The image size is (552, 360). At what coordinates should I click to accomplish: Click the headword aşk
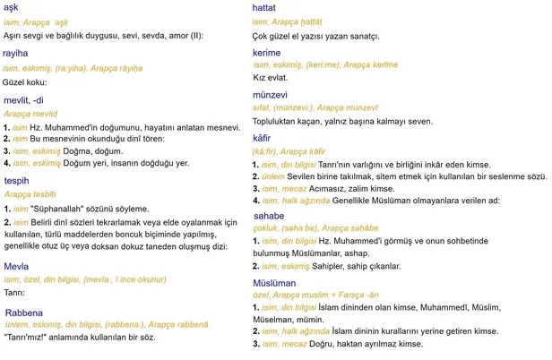click(11, 6)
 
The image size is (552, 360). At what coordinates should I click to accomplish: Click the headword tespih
click(18, 179)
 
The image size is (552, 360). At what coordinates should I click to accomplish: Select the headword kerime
click(267, 54)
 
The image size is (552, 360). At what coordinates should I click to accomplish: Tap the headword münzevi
click(271, 93)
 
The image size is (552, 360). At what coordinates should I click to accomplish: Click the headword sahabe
click(269, 216)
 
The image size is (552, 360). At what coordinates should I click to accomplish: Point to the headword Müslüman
click(274, 282)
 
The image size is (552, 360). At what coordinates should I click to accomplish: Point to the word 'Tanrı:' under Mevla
click(14, 292)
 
